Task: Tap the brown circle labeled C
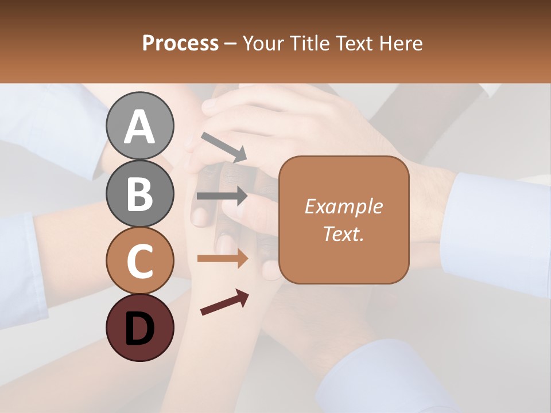(x=139, y=260)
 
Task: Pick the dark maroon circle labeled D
(x=139, y=328)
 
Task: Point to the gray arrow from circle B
(x=222, y=196)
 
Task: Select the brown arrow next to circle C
(x=222, y=259)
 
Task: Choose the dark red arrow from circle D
(x=224, y=302)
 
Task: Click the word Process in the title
(x=180, y=43)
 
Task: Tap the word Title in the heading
(x=310, y=43)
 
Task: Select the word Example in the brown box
(x=343, y=206)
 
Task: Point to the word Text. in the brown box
(x=343, y=233)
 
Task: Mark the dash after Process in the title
(x=231, y=44)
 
